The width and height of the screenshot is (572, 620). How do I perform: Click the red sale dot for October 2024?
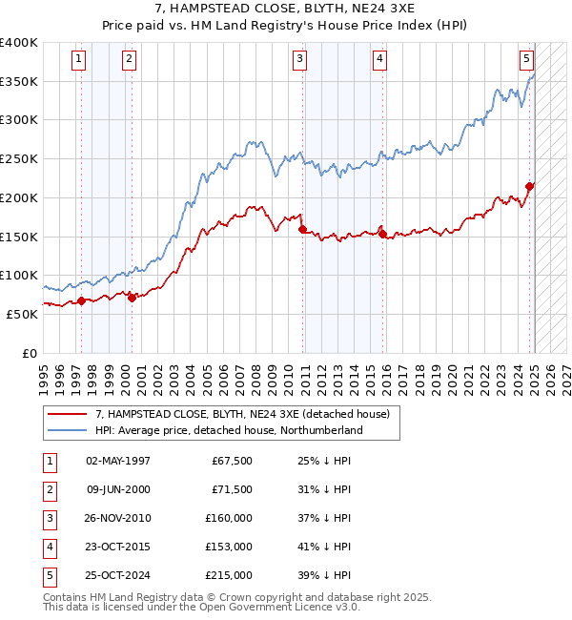point(530,186)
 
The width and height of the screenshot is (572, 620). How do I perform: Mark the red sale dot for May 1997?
point(81,300)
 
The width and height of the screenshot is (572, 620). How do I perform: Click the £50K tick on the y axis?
point(23,314)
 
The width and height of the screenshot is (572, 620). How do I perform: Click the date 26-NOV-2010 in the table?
point(118,518)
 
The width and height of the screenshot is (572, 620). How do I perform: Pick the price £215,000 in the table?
point(229,575)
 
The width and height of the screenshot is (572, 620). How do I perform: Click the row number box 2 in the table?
point(49,489)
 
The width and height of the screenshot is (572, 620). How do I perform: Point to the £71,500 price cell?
point(232,489)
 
